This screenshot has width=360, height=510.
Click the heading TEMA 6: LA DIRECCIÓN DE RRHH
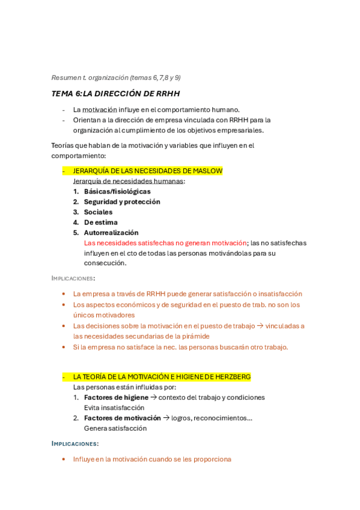[x=115, y=94]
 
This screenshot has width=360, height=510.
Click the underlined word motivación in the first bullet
[x=99, y=109]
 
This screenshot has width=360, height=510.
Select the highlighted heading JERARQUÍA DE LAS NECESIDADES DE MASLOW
[x=147, y=171]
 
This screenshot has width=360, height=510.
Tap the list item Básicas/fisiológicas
[x=117, y=191]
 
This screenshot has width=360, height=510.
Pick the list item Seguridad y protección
[x=122, y=201]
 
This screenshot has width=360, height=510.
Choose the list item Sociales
[x=98, y=212]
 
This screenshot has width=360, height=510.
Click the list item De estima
[x=100, y=222]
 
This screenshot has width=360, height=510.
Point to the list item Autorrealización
[x=111, y=232]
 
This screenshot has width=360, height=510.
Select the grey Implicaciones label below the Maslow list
[x=73, y=278]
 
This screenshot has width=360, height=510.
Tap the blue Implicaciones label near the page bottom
[x=75, y=443]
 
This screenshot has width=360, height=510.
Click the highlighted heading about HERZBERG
[x=162, y=376]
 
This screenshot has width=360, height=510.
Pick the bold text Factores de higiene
[x=116, y=397]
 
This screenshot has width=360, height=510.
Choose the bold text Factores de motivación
[x=122, y=418]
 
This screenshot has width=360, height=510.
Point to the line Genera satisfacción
[x=115, y=428]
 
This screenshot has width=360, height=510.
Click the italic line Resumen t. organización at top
[x=116, y=78]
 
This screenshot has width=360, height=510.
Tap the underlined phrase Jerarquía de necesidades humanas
[x=129, y=181]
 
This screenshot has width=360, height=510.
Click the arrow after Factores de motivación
[x=166, y=418]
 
